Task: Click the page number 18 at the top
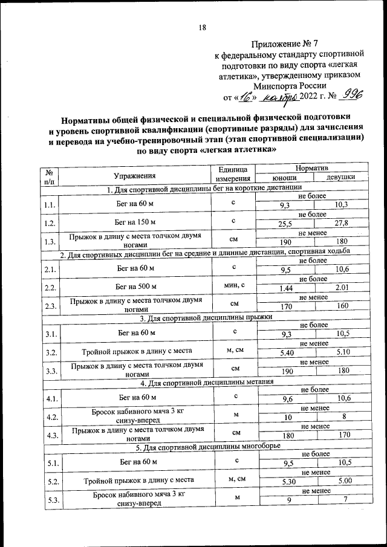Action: [203, 27]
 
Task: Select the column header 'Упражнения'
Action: [137, 175]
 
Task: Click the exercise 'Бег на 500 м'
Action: [137, 285]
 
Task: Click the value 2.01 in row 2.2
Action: [342, 289]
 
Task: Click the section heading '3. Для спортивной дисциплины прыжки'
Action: [206, 317]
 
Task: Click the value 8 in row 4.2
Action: [343, 417]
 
